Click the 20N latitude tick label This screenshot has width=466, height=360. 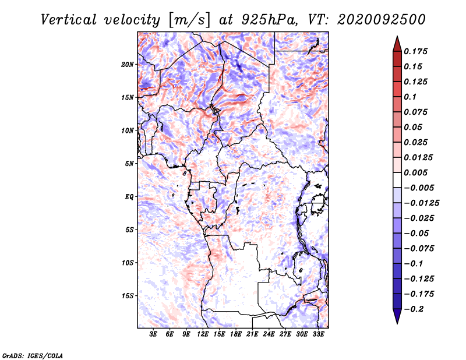pyautogui.click(x=128, y=64)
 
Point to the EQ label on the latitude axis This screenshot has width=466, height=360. pyautogui.click(x=129, y=197)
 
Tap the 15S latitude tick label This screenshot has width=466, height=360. pyautogui.click(x=128, y=296)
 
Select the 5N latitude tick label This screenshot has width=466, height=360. pyautogui.click(x=129, y=164)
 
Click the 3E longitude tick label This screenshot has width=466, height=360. pyautogui.click(x=153, y=334)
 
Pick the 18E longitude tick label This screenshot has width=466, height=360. pyautogui.click(x=235, y=334)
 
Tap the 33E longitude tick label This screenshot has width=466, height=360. pyautogui.click(x=318, y=334)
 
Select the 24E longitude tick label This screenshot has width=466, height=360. pyautogui.click(x=269, y=334)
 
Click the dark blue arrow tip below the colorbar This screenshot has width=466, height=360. pyautogui.click(x=397, y=319)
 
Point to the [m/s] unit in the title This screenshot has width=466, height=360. pyautogui.click(x=188, y=19)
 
